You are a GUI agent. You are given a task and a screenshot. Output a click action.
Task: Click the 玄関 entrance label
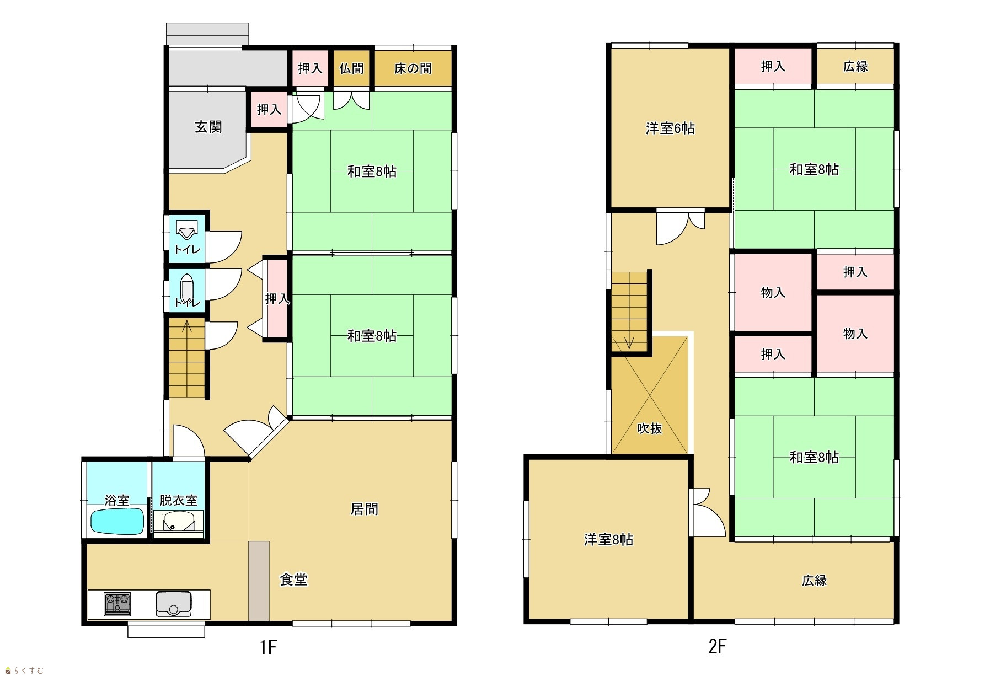(x=208, y=127)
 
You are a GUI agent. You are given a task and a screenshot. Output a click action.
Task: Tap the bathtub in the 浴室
(x=117, y=521)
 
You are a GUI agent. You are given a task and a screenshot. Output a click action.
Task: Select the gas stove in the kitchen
(x=117, y=604)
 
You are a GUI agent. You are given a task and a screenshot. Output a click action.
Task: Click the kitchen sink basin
(x=174, y=604)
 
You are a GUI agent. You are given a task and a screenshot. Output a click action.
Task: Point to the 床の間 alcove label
(x=413, y=68)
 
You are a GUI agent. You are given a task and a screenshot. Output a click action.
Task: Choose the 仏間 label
(x=351, y=68)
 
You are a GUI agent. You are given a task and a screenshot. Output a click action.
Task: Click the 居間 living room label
(x=365, y=508)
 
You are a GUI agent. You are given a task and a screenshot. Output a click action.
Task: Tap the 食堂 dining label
(x=293, y=579)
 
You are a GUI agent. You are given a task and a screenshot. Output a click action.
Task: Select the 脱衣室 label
(x=179, y=500)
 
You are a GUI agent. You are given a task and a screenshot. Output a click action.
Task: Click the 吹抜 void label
(x=650, y=428)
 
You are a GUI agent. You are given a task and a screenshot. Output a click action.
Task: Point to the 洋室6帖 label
(x=670, y=128)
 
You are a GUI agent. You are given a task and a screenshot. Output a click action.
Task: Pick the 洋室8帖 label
(x=608, y=539)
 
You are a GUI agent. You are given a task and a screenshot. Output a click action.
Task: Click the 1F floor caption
(x=269, y=647)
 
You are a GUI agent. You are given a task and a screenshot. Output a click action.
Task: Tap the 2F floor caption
(x=717, y=646)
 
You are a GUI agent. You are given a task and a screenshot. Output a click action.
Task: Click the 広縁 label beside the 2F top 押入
(x=855, y=67)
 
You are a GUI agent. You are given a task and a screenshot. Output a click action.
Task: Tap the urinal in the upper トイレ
(x=187, y=229)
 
